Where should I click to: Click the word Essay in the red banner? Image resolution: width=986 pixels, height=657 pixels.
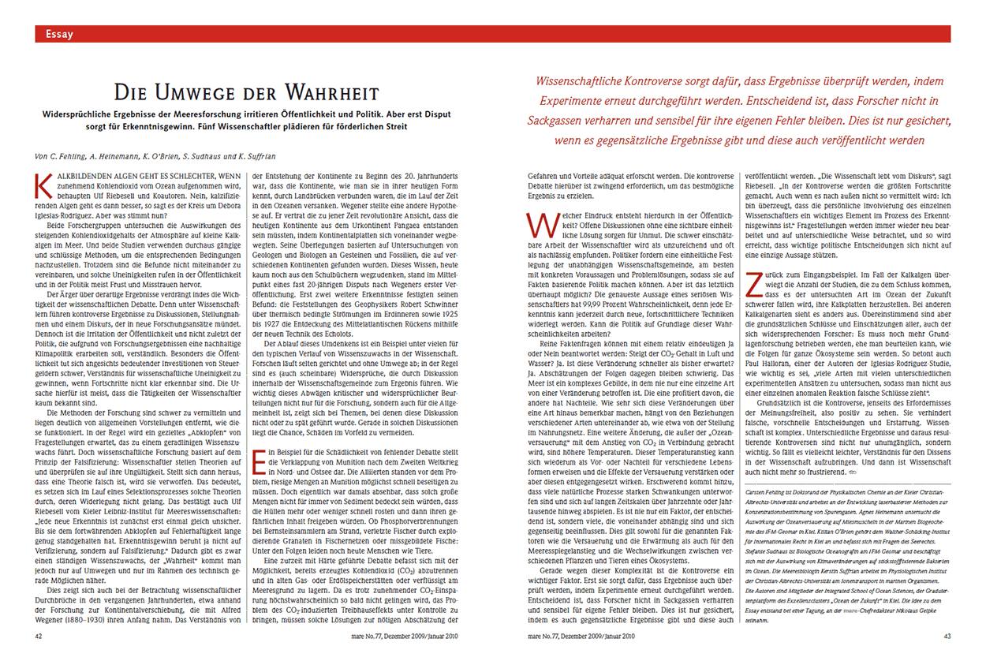click(60, 33)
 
